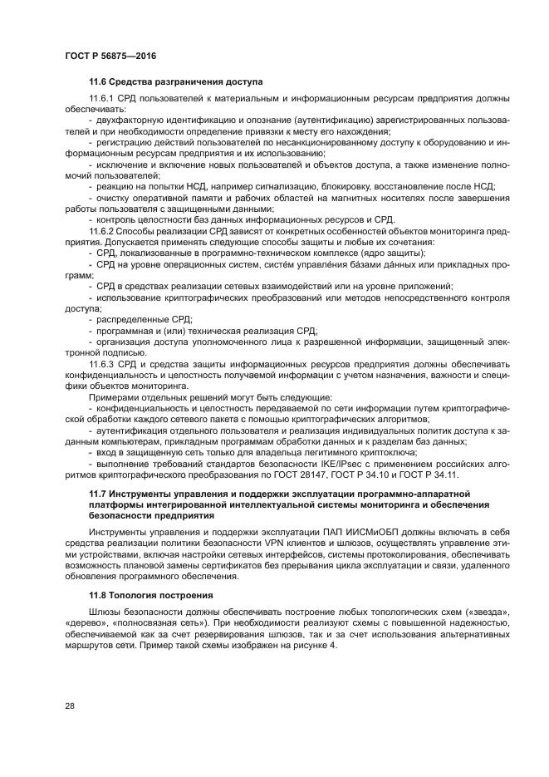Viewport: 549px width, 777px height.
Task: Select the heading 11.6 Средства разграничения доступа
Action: coord(175,82)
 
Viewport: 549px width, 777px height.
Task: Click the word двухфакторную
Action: coord(130,121)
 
